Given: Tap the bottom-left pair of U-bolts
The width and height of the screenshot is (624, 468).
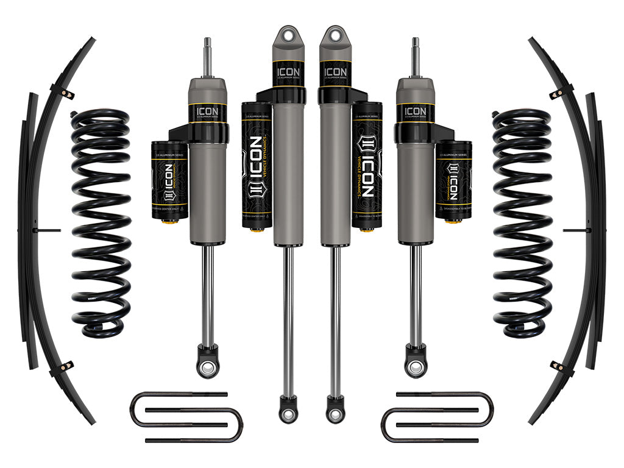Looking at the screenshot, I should pos(186,417).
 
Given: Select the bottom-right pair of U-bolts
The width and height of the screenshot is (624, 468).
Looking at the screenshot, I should pos(438,417).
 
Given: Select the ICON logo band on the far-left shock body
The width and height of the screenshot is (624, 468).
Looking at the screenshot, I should pos(207,112).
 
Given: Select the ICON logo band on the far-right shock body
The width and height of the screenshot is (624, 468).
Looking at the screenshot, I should pos(416,112).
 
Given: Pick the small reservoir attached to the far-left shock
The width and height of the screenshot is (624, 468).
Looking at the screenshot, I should pos(169,183).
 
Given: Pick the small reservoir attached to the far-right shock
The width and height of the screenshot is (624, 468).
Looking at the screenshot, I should pos(454,183).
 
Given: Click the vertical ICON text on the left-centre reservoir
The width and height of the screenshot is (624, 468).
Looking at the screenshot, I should pos(257,165).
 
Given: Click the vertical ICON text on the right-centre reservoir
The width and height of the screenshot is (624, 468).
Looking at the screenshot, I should pos(367,165).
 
